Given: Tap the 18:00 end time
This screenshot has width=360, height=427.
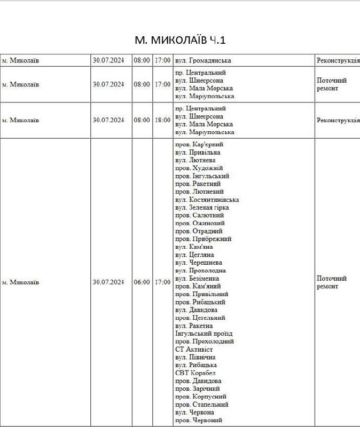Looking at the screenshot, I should click(162, 120).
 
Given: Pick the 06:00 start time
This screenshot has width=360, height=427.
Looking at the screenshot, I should click(142, 282).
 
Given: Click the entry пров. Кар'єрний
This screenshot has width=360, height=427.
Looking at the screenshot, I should click(199, 144).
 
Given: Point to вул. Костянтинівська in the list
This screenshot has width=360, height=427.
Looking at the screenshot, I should click(207, 200).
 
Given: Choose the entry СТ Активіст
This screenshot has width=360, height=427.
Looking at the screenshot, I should click(194, 349).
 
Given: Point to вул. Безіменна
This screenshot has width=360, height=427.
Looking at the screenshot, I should click(197, 278).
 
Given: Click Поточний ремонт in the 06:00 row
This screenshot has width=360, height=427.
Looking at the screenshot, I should click(332, 282).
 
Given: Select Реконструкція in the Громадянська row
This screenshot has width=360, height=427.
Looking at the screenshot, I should click(338, 60).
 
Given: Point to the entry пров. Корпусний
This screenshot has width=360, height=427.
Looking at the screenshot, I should click(201, 397).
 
